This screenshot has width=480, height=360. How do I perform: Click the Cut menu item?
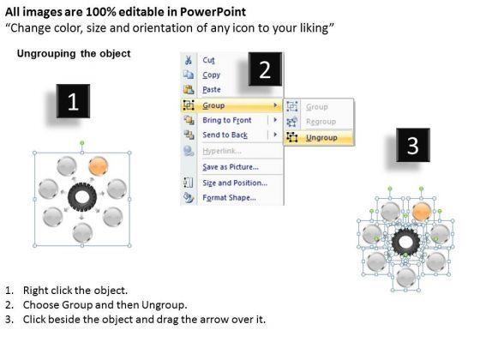coord(208,60)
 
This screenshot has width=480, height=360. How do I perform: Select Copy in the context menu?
coord(211,75)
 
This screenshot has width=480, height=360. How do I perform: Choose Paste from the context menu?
coord(212,89)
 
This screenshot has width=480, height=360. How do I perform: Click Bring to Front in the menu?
coord(227,120)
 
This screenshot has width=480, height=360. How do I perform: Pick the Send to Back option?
coord(225,135)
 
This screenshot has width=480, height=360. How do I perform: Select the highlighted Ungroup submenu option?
coord(321,137)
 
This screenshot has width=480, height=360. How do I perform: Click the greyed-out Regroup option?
coord(321,122)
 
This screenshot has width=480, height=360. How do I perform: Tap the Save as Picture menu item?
coord(231,167)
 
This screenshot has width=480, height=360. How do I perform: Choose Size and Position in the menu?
coord(235,183)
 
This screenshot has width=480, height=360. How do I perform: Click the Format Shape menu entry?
coord(230,198)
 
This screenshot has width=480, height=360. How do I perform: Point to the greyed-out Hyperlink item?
coord(222,151)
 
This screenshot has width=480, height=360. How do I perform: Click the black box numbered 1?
coord(73,101)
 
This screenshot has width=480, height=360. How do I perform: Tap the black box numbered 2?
coord(265,69)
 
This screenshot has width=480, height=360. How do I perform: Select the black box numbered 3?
coord(413,145)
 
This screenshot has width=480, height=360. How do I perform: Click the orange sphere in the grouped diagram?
coord(99,166)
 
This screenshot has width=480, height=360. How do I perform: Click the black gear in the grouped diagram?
coord(82,197)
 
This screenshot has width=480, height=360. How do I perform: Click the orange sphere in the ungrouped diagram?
coord(422,212)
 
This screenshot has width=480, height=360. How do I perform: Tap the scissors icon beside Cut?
coord(189,60)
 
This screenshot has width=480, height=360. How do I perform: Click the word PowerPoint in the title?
coord(213,12)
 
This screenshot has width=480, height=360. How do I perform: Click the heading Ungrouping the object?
coord(74,53)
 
